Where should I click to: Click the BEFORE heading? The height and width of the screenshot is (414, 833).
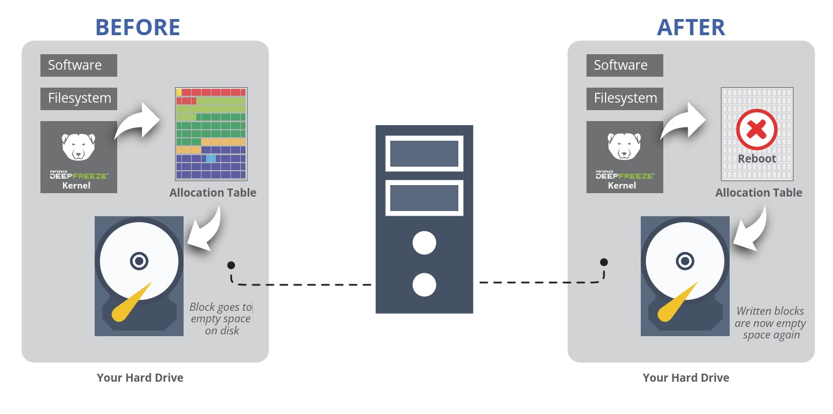pyautogui.click(x=137, y=27)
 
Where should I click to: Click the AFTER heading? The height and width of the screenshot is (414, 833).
pyautogui.click(x=690, y=27)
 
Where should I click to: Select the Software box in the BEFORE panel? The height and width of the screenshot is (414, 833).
pyautogui.click(x=79, y=65)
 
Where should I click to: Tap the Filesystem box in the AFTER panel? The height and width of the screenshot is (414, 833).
pyautogui.click(x=625, y=99)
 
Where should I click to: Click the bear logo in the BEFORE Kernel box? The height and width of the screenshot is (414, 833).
pyautogui.click(x=79, y=146)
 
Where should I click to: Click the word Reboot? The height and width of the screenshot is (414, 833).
pyautogui.click(x=756, y=159)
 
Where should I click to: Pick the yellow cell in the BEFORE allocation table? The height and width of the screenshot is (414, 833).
pyautogui.click(x=179, y=92)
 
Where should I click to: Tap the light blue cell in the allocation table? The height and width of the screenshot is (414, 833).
pyautogui.click(x=211, y=158)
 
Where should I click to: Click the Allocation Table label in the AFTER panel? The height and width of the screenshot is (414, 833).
pyautogui.click(x=759, y=193)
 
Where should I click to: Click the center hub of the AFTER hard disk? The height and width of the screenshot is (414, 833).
pyautogui.click(x=685, y=261)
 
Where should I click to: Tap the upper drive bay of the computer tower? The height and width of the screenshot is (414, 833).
pyautogui.click(x=424, y=153)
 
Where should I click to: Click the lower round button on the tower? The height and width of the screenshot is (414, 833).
pyautogui.click(x=424, y=285)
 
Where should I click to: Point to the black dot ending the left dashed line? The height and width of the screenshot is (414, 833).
pyautogui.click(x=231, y=265)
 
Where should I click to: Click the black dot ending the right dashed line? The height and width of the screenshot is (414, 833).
pyautogui.click(x=604, y=262)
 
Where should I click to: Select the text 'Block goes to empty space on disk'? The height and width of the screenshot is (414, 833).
pyautogui.click(x=221, y=319)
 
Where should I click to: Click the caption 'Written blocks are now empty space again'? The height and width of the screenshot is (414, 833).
pyautogui.click(x=770, y=323)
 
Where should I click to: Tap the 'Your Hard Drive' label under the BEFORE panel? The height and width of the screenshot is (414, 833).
pyautogui.click(x=140, y=378)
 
